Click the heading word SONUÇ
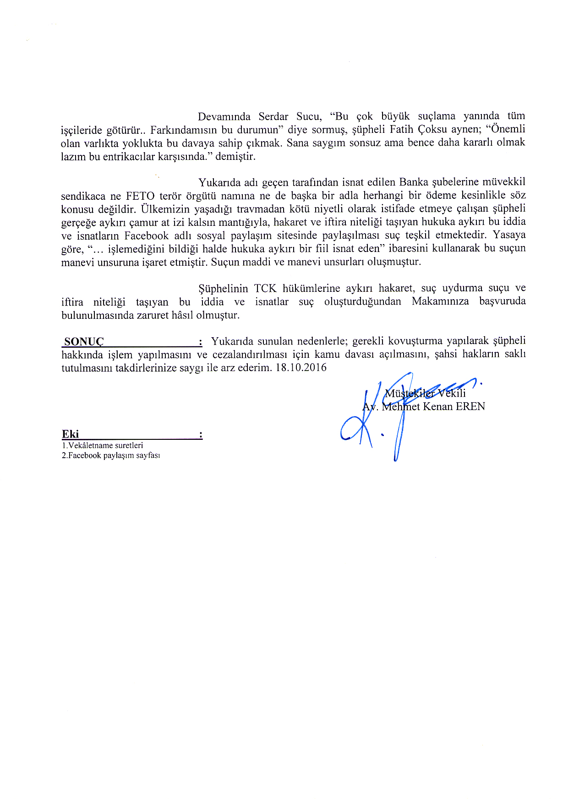coord(84,342)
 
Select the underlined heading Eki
coord(71,434)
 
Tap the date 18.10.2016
coord(301,368)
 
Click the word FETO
coord(140,196)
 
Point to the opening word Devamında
coord(224,116)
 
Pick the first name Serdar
coord(273,116)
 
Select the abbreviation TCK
coord(265,289)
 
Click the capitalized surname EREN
coord(470,407)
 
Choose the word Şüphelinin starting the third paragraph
coord(223,289)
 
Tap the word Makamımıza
coord(440,301)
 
